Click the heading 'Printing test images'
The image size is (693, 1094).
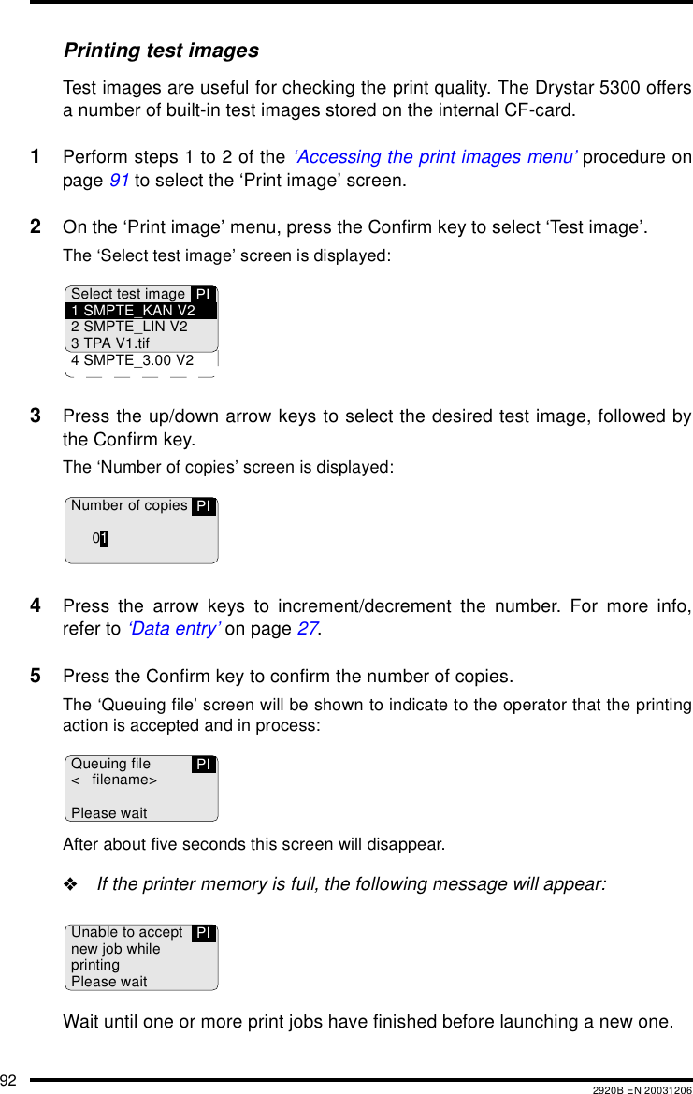click(161, 51)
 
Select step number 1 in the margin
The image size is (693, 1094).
click(36, 156)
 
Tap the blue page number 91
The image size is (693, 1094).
click(118, 180)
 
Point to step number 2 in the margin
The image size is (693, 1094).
click(36, 226)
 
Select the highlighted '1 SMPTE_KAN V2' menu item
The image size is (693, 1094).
click(133, 311)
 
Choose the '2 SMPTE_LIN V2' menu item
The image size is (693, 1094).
click(129, 327)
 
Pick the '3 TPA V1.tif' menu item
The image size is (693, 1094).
click(110, 343)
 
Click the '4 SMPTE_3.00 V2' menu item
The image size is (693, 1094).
click(132, 360)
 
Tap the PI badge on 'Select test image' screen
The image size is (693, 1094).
click(203, 295)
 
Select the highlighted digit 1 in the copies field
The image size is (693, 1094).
click(104, 538)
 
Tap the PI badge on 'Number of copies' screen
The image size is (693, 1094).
click(203, 506)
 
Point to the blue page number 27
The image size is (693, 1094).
click(306, 630)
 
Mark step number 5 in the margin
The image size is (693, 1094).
click(36, 676)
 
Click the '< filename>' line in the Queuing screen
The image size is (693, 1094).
click(114, 780)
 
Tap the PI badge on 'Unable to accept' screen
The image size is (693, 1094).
click(203, 933)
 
